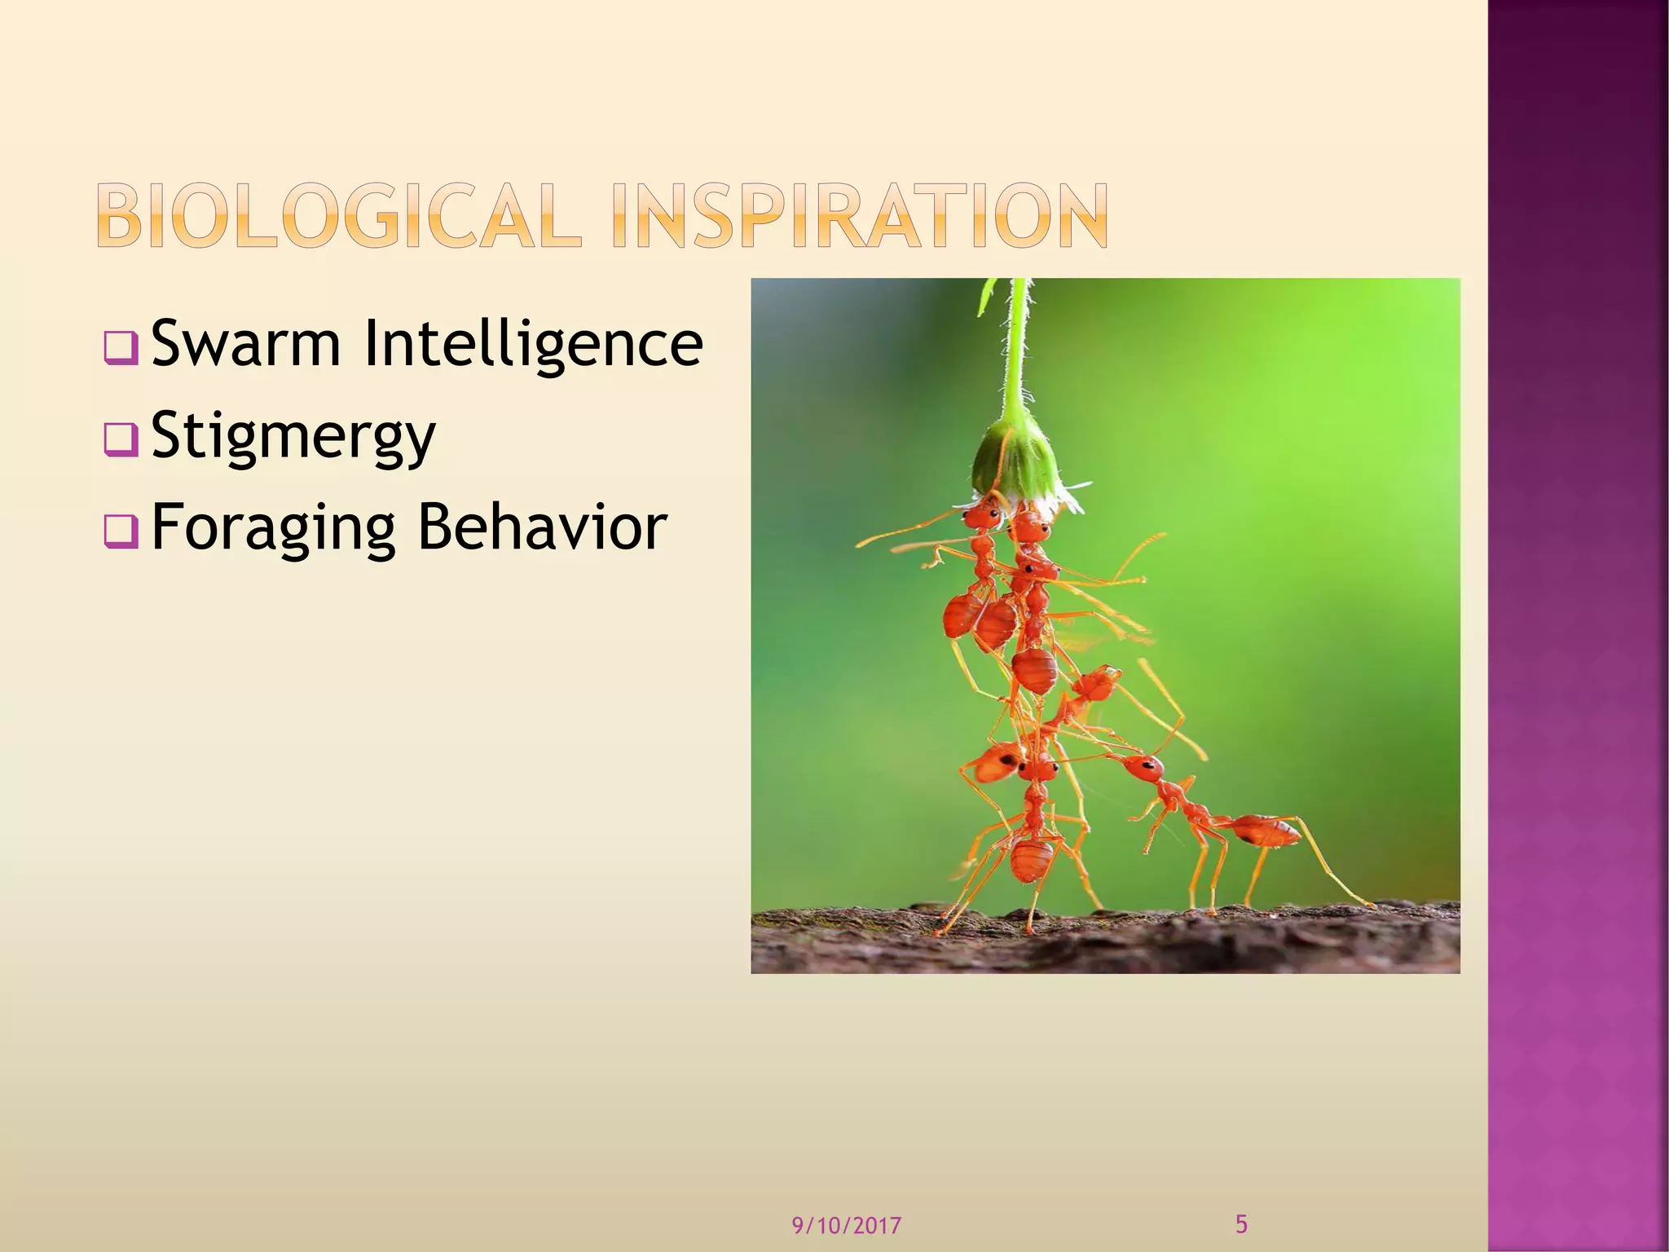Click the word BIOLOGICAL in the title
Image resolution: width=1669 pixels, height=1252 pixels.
[339, 215]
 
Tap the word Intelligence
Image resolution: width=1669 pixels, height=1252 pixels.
[533, 343]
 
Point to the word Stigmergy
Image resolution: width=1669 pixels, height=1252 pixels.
[293, 436]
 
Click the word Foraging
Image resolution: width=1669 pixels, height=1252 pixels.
[274, 527]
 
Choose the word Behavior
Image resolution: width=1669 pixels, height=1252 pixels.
[542, 527]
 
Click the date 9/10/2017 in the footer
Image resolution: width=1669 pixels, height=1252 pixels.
[847, 1225]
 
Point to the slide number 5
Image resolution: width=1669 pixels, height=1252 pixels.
[1241, 1223]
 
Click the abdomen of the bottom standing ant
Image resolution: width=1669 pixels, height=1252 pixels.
[1032, 860]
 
